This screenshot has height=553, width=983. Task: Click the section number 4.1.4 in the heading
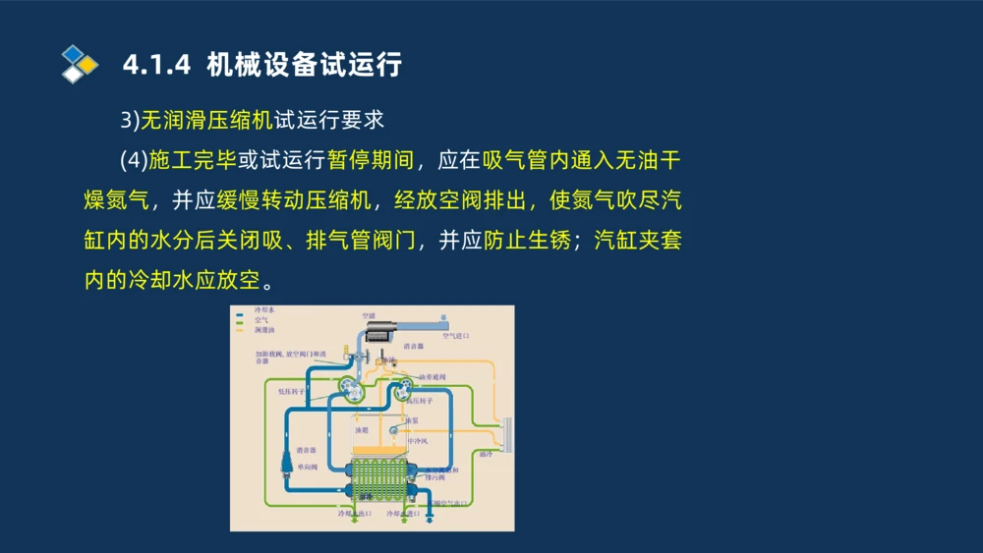coord(158,66)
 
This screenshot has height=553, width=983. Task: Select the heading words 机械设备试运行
coord(305,66)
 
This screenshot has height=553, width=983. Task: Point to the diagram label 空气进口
coord(455,336)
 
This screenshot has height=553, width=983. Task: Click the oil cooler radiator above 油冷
coord(506,435)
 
